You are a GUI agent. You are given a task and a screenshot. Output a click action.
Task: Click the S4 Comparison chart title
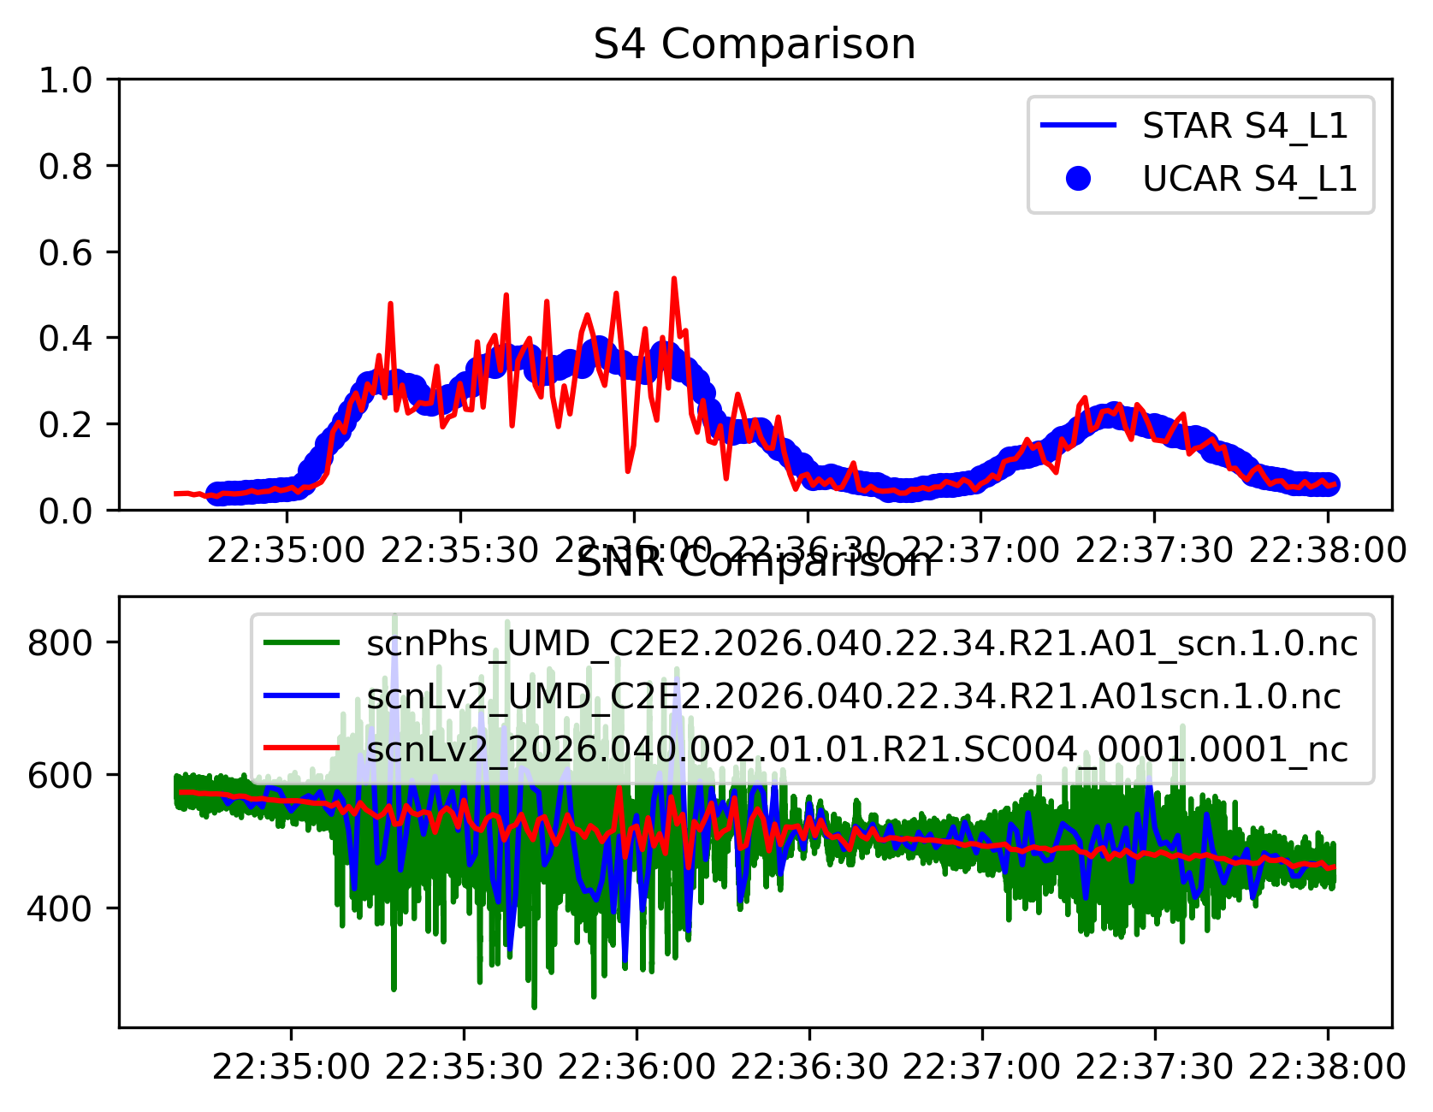[x=754, y=44]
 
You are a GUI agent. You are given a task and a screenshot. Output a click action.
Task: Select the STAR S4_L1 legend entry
[x=1245, y=127]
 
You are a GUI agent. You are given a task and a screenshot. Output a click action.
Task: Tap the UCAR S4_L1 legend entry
[x=1249, y=179]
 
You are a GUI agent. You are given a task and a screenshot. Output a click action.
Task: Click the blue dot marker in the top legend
[x=1079, y=179]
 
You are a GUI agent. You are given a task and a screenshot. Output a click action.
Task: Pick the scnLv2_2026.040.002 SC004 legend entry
[x=856, y=749]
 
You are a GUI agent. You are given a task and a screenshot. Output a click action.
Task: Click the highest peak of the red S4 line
[x=674, y=279]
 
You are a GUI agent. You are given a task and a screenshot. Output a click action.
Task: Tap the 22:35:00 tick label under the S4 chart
[x=286, y=550]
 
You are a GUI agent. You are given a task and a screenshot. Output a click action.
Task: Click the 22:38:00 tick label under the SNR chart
[x=1327, y=1067]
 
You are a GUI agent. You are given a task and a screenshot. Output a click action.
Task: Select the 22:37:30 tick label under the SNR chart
[x=1154, y=1067]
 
